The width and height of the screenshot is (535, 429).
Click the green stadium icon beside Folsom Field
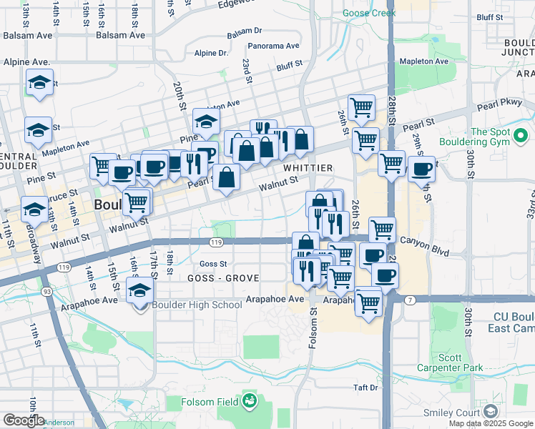click(249, 400)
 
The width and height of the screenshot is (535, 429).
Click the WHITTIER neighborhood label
click(308, 167)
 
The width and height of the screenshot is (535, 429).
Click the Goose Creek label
click(369, 13)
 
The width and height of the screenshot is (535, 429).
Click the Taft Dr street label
click(365, 388)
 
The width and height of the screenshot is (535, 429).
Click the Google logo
click(23, 420)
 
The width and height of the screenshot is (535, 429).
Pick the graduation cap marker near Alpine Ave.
click(40, 83)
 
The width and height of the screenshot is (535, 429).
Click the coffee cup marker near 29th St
click(422, 169)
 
